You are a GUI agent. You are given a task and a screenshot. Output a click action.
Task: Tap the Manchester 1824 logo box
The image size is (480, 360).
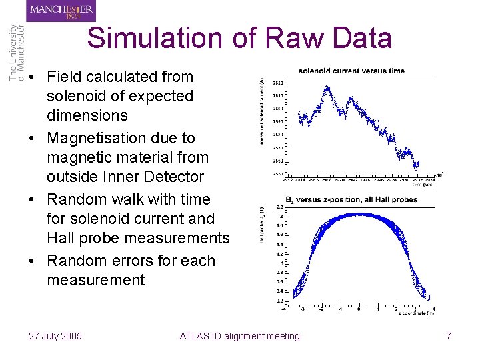(61, 11)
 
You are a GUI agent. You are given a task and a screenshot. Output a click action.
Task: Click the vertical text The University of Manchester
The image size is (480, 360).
(17, 53)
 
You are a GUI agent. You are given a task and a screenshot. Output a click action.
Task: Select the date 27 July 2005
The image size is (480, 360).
(55, 336)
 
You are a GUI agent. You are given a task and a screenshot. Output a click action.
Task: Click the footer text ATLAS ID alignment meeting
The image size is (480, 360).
(240, 336)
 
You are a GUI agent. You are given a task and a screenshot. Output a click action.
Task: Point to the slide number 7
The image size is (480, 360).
(449, 336)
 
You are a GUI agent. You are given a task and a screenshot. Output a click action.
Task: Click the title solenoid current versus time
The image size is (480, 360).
(351, 71)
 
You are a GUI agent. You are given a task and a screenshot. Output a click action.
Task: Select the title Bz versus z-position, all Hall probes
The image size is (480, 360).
(351, 199)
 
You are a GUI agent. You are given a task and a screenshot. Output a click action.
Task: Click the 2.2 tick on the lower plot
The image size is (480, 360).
(280, 208)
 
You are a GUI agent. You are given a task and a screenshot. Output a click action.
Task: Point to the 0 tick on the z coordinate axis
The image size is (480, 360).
(359, 309)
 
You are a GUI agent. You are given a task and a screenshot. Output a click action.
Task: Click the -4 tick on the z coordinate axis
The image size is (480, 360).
(284, 309)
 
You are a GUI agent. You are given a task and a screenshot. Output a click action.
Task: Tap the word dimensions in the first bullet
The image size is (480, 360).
(87, 115)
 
